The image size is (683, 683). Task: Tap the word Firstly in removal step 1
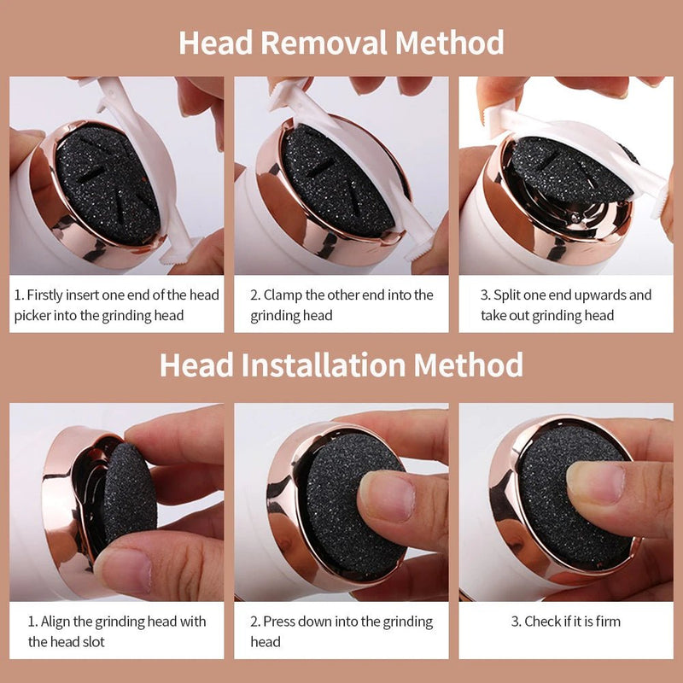(50, 295)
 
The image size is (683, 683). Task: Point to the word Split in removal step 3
(509, 295)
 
